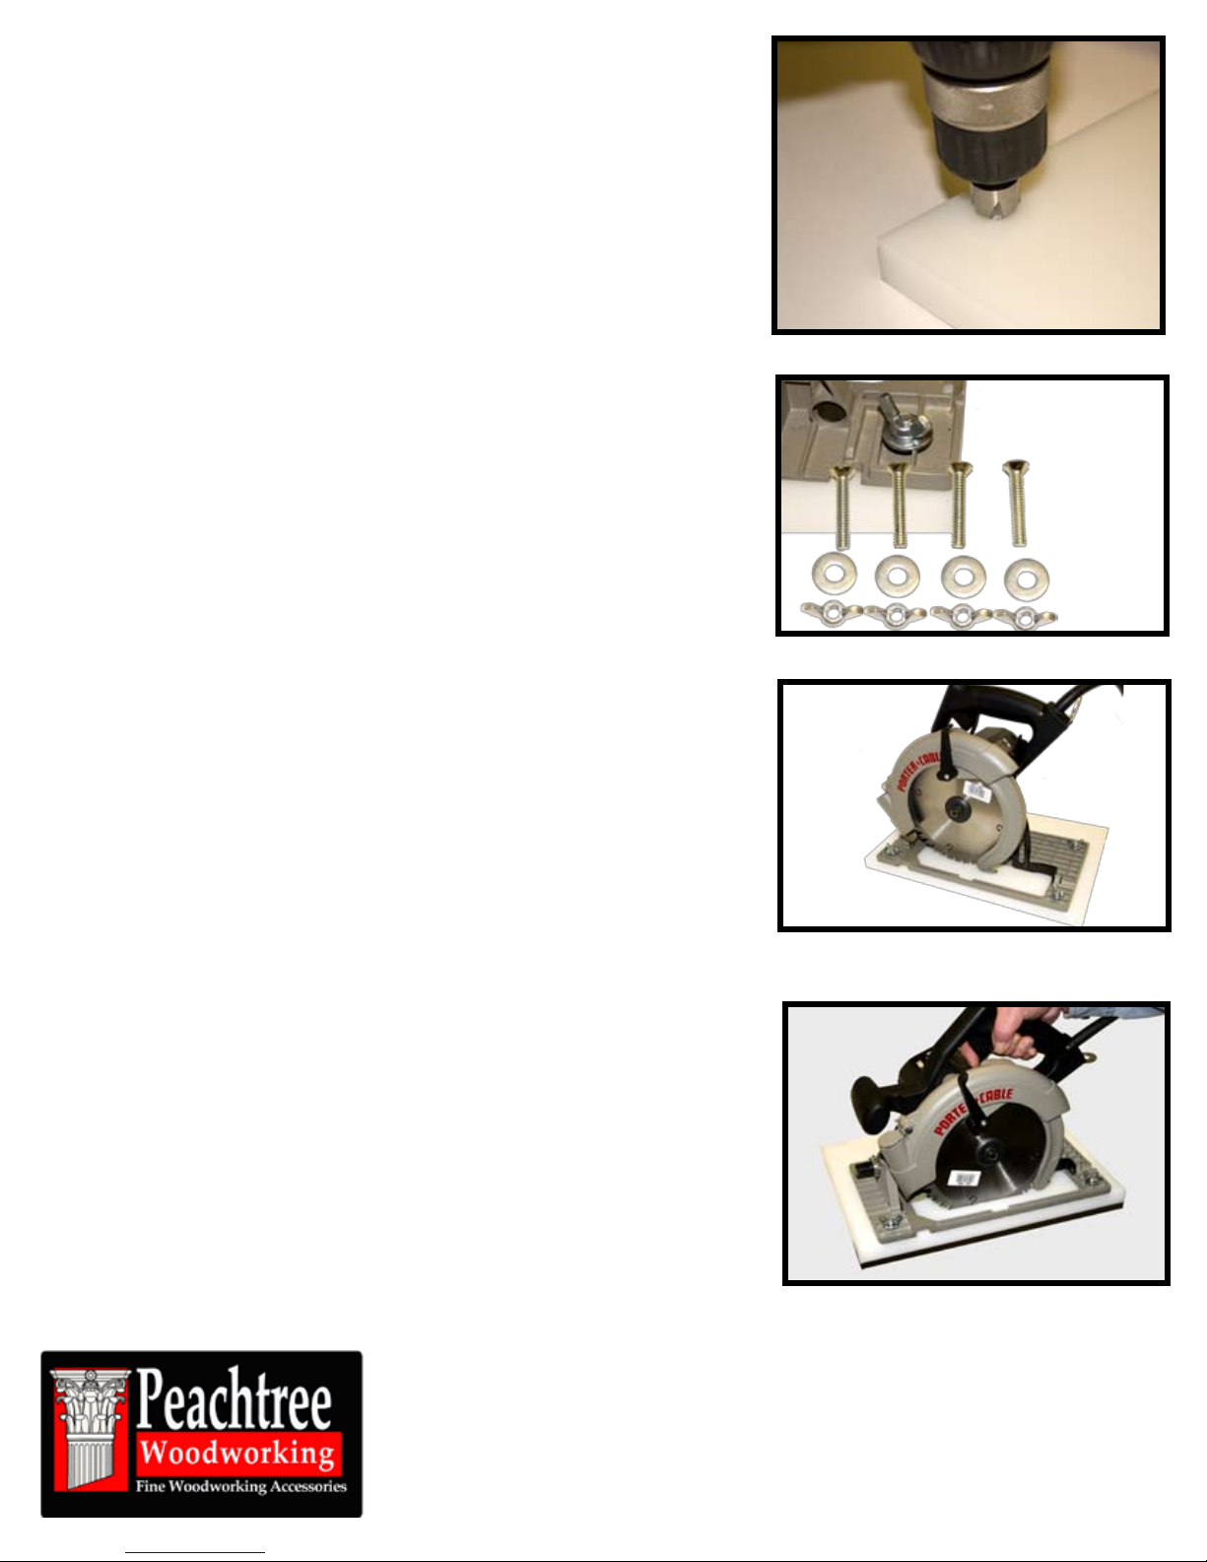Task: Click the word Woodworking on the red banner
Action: [237, 1453]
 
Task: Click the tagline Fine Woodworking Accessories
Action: [241, 1486]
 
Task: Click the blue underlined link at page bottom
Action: [195, 1552]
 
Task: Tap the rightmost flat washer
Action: [1026, 577]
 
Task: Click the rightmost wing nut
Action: [1026, 618]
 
